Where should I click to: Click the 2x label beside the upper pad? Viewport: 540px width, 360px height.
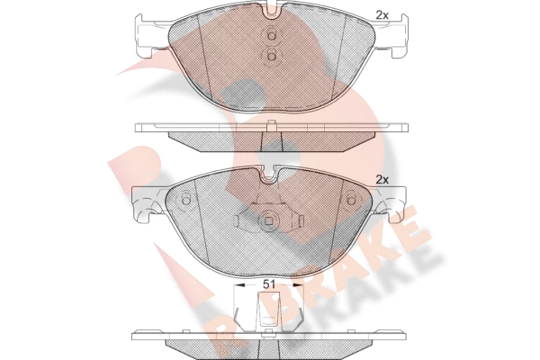(x=382, y=14)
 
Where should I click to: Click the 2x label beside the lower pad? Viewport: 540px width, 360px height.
(x=382, y=179)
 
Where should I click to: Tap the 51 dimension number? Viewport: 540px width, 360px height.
(x=268, y=284)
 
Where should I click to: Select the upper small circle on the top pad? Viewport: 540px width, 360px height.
(x=271, y=36)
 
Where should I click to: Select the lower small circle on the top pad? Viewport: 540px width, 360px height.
(x=271, y=56)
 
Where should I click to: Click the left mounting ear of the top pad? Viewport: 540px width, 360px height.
(x=152, y=35)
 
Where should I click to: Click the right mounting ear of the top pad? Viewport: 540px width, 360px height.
(x=391, y=35)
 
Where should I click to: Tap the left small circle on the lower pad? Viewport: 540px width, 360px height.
(x=185, y=201)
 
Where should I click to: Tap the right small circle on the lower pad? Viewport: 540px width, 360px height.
(x=352, y=201)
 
